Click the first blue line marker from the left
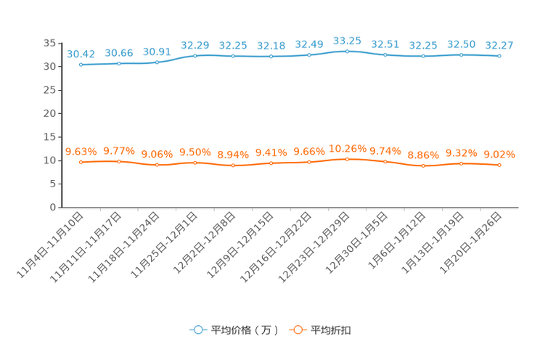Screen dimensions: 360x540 point(81,65)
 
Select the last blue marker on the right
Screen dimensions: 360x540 point(499,56)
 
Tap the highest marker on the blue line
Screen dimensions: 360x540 point(347,52)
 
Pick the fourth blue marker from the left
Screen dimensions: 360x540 point(195,54)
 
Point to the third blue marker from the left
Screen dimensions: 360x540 point(157,62)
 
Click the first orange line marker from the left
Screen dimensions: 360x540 point(81,162)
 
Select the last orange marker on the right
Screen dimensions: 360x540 point(499,165)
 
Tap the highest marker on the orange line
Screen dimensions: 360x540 point(347,158)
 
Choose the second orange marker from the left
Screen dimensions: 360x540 point(119,161)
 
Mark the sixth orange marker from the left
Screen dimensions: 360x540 point(271,163)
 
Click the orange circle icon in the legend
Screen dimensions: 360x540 point(297,330)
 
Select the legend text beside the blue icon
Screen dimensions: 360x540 point(244,330)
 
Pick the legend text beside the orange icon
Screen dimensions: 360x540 point(331,330)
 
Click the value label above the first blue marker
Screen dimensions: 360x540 point(81,53)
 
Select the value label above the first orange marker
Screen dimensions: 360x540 point(81,151)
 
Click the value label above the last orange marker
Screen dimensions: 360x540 point(499,154)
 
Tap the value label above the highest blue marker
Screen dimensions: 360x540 point(347,41)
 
